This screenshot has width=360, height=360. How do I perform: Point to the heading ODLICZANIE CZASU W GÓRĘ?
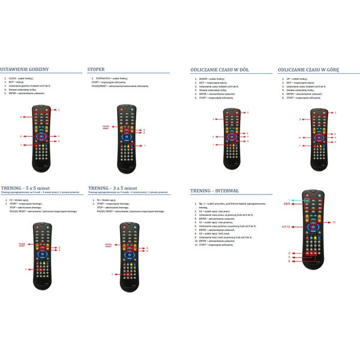(x=309, y=70)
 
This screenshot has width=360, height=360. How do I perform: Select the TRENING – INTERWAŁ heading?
(x=214, y=191)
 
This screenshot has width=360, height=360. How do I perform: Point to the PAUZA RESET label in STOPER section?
(x=106, y=127)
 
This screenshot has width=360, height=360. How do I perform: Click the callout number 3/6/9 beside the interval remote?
(x=287, y=205)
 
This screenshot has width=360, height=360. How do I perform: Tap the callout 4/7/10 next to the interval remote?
(x=286, y=227)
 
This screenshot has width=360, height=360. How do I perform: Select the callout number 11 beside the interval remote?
(x=335, y=223)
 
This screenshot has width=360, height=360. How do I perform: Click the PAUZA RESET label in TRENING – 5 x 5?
(x=22, y=245)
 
